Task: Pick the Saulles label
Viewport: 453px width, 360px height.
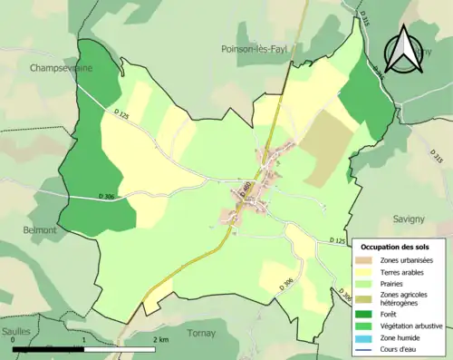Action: [x=16, y=332]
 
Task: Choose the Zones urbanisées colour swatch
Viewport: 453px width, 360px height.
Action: [x=365, y=261]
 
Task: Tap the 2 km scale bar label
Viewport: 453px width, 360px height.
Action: [x=161, y=339]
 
